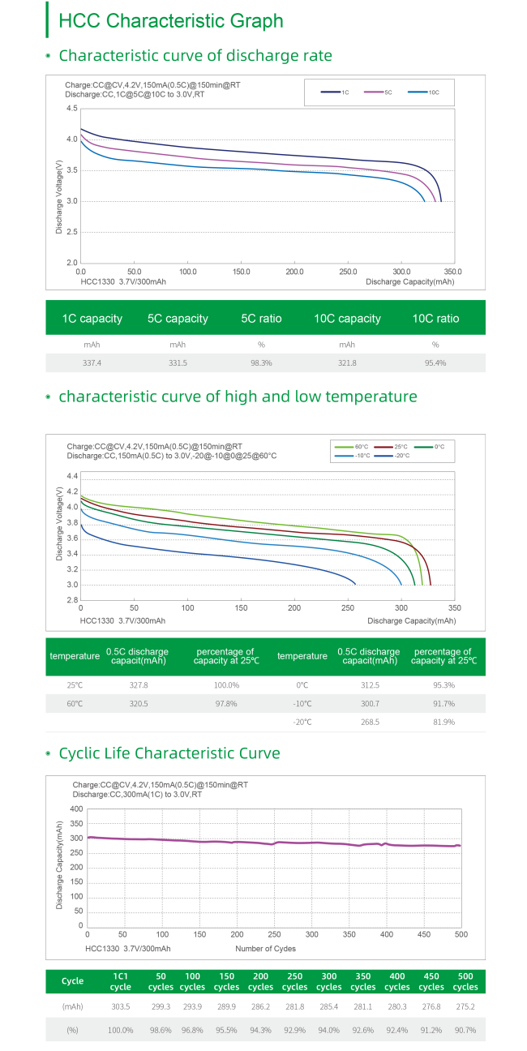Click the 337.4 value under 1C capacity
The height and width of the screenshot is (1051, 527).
click(92, 362)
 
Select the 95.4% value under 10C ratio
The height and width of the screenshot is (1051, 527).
click(435, 362)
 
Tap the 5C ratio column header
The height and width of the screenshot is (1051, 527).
click(261, 318)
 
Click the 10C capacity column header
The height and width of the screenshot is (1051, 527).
click(347, 318)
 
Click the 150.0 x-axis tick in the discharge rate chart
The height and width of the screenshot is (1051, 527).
click(242, 271)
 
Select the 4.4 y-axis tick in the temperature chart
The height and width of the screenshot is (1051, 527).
click(72, 476)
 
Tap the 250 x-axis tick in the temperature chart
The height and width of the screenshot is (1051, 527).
click(347, 607)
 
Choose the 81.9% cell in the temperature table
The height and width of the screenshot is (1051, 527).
click(443, 722)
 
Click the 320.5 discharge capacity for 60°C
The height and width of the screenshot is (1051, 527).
click(139, 704)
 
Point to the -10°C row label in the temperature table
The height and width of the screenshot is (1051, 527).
click(302, 704)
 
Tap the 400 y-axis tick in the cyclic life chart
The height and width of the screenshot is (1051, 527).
click(76, 809)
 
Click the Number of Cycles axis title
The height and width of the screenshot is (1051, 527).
click(265, 949)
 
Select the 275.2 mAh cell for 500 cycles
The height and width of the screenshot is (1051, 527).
click(465, 1006)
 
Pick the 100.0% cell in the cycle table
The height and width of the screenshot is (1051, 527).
click(120, 1031)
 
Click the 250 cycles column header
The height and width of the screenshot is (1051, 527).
click(294, 981)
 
